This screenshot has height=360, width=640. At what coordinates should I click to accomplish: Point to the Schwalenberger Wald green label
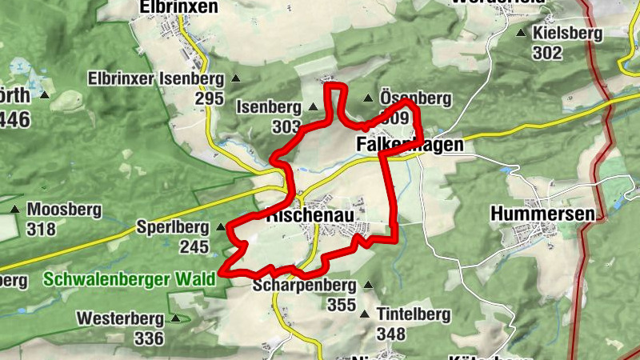[130, 280]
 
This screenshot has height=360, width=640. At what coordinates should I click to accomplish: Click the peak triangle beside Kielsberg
[522, 34]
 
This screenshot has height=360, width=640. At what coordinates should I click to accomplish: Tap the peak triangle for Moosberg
[14, 210]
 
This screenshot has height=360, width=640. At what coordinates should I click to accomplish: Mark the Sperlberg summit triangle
[220, 226]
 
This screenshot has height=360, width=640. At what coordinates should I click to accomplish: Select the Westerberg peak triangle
[175, 318]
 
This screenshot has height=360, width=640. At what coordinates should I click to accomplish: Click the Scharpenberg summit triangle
[368, 285]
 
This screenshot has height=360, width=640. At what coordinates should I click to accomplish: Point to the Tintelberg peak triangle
[366, 314]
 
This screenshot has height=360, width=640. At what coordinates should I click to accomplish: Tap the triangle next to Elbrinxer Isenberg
[235, 78]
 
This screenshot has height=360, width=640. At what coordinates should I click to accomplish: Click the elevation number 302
[547, 53]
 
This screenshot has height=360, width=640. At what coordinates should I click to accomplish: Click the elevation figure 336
[149, 338]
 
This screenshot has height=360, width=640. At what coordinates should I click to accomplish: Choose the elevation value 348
[390, 333]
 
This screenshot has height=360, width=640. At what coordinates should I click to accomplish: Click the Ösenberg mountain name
[416, 99]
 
